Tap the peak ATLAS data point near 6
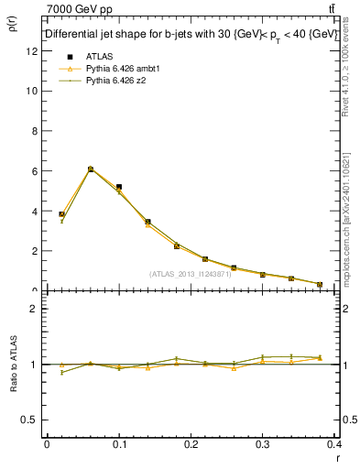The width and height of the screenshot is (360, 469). [x=91, y=169]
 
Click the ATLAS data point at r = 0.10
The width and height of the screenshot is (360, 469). [x=119, y=187]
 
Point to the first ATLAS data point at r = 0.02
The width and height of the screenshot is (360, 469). [x=61, y=214]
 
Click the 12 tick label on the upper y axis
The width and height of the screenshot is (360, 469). [x=32, y=51]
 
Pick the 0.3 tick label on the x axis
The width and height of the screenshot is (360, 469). [x=263, y=443]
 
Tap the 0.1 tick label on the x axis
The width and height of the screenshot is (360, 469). [x=118, y=443]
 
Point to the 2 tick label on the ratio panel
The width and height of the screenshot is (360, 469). [x=34, y=309]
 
